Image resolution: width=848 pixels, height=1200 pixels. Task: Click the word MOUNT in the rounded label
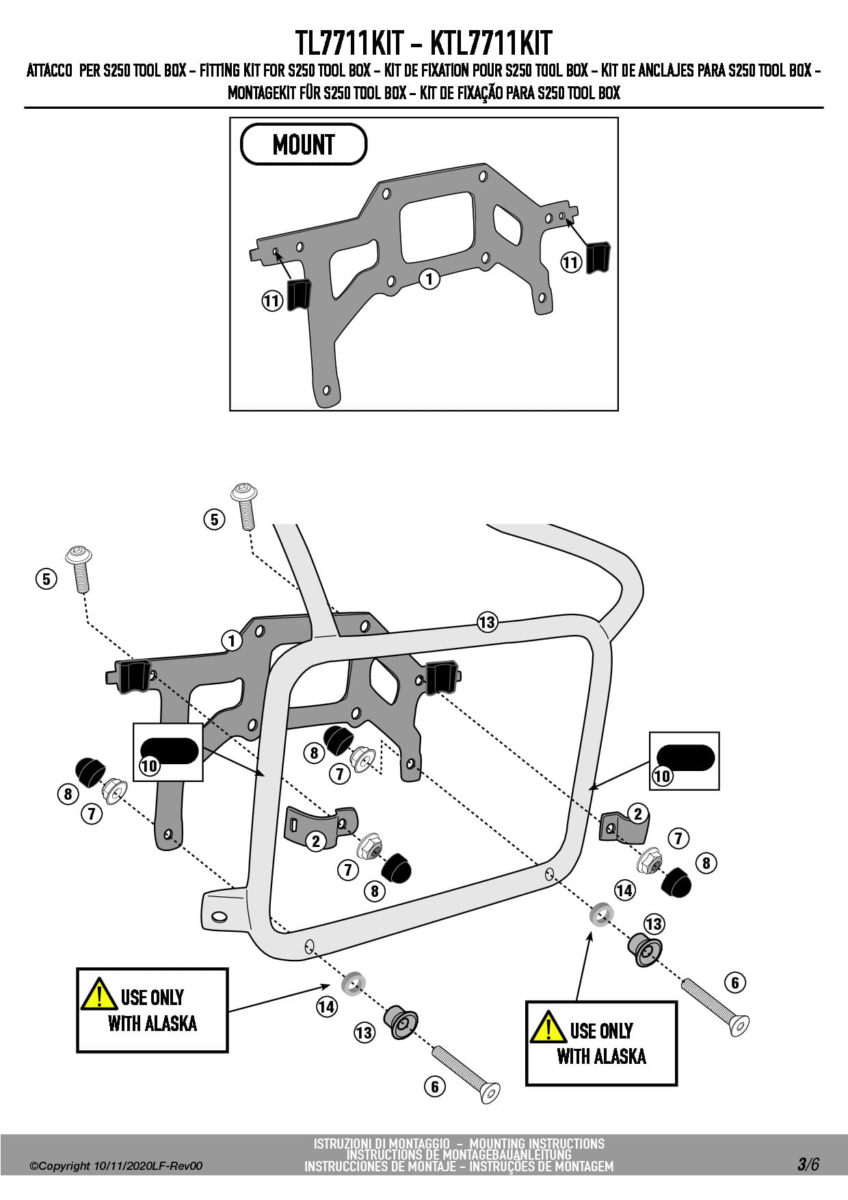coord(304,145)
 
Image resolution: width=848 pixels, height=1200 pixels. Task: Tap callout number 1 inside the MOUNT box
coord(429,278)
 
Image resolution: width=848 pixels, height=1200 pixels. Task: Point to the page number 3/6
coord(808,1164)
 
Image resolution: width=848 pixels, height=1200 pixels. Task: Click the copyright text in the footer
coord(116,1166)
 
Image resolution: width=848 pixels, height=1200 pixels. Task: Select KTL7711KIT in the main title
coord(491,44)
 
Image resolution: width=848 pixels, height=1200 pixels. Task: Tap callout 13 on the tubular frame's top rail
coord(487,623)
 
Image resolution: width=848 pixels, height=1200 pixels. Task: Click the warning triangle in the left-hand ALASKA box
coord(98,995)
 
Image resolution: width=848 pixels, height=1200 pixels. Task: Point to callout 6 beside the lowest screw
coord(435,1086)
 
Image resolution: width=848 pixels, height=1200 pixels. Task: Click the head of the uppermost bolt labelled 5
coord(244,492)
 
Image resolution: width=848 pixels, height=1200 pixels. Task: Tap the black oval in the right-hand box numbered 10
coord(686,757)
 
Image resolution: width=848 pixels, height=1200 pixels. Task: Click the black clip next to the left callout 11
coord(299,294)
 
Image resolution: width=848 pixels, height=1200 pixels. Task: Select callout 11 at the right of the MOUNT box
coord(571,262)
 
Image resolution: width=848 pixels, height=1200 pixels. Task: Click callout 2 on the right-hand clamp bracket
coord(638,813)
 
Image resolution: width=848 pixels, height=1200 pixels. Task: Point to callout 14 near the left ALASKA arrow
coord(327,1007)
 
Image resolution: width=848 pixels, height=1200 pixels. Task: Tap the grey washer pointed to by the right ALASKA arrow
coord(601,914)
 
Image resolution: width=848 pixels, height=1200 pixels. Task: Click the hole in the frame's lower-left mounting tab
coord(219,917)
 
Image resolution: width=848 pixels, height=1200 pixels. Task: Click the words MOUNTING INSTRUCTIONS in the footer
coord(537,1144)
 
